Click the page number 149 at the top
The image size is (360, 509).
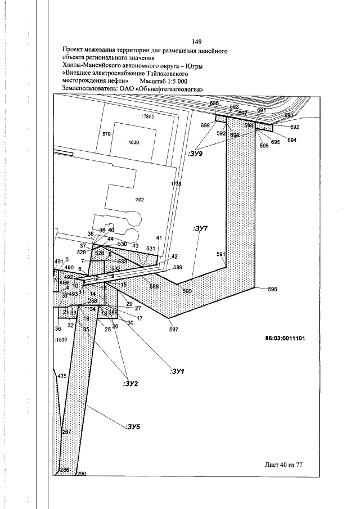tap(197, 42)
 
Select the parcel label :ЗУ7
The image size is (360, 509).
tap(200, 229)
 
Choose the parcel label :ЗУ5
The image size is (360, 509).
tap(133, 427)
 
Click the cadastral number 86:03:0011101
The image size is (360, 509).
tap(285, 339)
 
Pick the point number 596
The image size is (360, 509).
tap(273, 290)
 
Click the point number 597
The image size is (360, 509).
tap(173, 330)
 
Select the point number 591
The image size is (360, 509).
tap(221, 255)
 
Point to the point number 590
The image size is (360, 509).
tap(187, 291)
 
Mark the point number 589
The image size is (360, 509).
tap(178, 267)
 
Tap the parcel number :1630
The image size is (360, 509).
tap(133, 143)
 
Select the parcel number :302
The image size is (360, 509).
tap(140, 200)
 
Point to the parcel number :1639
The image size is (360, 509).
tap(61, 340)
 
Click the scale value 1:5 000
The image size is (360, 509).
tap(172, 81)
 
